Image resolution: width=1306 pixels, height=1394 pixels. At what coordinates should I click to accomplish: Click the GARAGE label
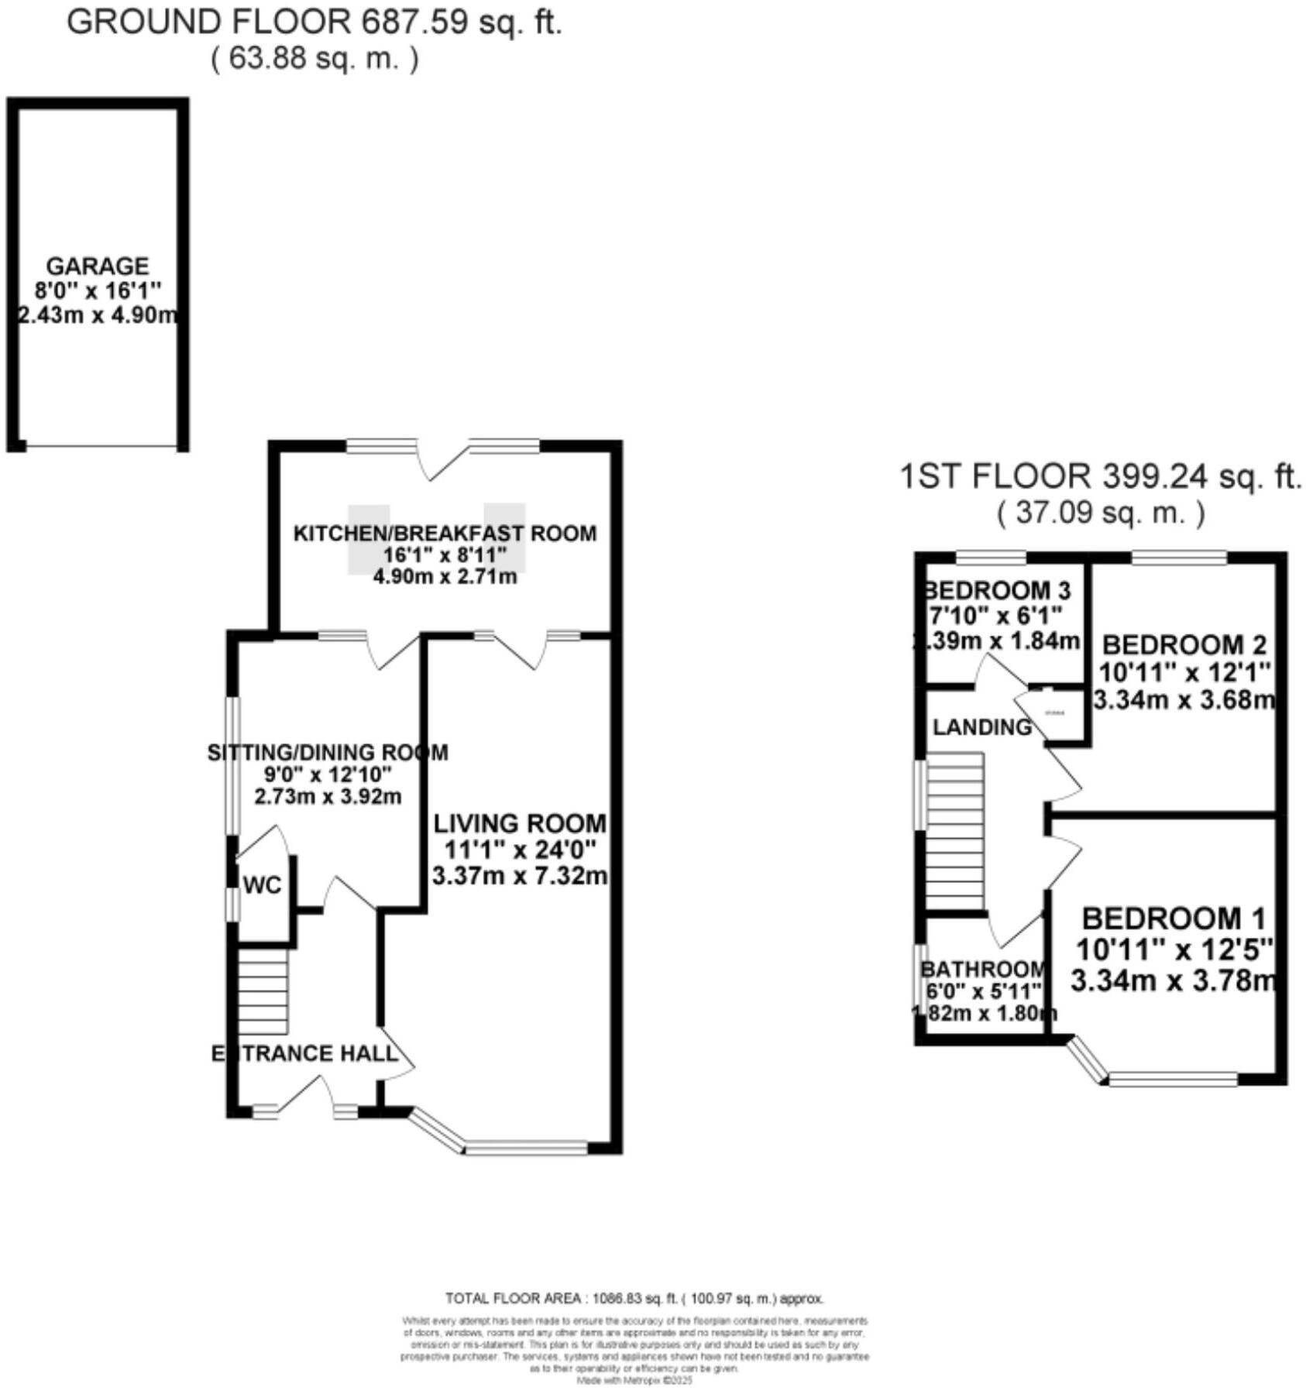tap(97, 266)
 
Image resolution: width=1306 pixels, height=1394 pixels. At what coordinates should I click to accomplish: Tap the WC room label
tap(262, 885)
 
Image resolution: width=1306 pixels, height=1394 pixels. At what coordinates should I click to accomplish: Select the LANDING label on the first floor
tap(981, 726)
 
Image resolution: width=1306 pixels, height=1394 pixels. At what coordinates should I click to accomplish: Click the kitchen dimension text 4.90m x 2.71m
tap(445, 576)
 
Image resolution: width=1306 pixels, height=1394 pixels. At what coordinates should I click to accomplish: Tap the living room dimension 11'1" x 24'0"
tap(520, 850)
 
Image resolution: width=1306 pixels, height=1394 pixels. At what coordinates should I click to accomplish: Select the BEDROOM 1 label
tap(1173, 918)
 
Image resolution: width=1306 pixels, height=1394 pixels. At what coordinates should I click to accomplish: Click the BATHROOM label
tap(983, 969)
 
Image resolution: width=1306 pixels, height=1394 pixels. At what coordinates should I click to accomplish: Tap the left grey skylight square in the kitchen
tap(368, 539)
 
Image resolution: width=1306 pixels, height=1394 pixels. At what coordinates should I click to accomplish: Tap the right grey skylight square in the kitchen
tap(505, 537)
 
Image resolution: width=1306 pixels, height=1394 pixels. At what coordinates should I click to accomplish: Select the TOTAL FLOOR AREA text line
tap(634, 1299)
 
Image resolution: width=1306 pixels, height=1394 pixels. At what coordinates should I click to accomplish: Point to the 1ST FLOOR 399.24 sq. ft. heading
tap(1100, 476)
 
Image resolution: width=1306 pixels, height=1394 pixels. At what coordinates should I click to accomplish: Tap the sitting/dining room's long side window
tap(232, 766)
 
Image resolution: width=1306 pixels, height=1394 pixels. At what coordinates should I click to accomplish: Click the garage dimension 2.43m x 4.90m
tap(97, 316)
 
